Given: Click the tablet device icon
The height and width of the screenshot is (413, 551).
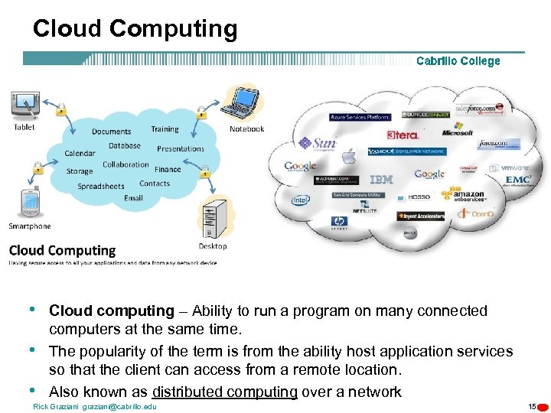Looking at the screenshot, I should [24, 105].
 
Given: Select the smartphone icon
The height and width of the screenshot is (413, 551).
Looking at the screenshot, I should [28, 203].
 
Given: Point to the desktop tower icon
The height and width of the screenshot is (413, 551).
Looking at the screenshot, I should [213, 220].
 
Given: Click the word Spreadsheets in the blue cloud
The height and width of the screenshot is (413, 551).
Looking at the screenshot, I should [100, 186].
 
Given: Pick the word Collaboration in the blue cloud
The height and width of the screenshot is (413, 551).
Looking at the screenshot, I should [126, 164].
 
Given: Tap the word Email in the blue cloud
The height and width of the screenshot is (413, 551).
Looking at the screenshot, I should [133, 198].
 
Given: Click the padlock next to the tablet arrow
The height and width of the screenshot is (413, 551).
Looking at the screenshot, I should [60, 110].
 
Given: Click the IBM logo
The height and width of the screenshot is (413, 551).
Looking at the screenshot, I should [381, 180].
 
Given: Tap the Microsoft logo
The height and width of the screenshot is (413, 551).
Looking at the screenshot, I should [458, 132].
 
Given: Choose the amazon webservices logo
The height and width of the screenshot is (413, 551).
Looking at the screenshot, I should [468, 196].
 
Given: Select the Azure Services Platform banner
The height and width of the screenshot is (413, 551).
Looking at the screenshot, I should [360, 117].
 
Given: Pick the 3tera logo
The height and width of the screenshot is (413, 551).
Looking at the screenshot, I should [403, 135].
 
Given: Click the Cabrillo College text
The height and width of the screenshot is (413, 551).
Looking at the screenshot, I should [458, 61].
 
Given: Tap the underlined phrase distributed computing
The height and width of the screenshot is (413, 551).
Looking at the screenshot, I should [224, 392].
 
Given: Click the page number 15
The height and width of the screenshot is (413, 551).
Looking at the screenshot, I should [532, 406].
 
